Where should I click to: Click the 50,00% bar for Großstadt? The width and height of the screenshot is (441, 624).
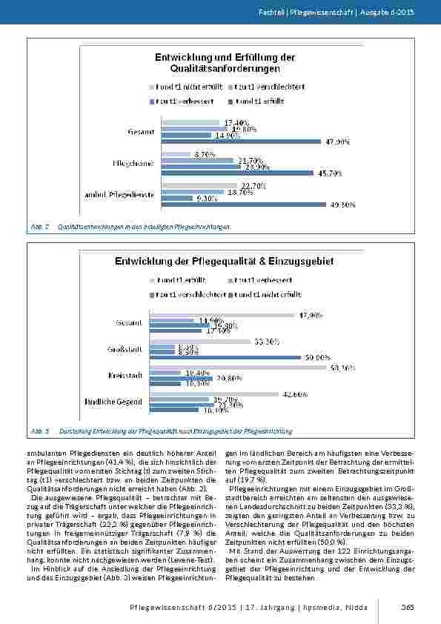pos(225,357)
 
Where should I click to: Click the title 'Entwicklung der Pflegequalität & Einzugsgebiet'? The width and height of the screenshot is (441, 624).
pos(224,261)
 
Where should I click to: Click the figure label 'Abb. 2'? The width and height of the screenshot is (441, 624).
pos(39,226)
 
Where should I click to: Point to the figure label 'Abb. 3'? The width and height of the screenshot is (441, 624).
pos(39,431)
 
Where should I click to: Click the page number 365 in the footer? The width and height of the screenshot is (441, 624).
pos(407,607)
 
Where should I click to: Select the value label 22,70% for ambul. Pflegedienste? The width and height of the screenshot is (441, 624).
pos(248,185)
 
